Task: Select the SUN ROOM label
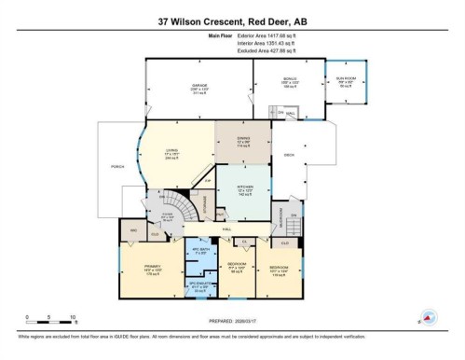click(x=345, y=83)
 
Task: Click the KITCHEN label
click(x=244, y=192)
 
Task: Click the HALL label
click(x=226, y=228)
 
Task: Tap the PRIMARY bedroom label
click(x=139, y=270)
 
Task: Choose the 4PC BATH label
click(x=198, y=251)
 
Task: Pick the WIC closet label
click(x=133, y=229)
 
